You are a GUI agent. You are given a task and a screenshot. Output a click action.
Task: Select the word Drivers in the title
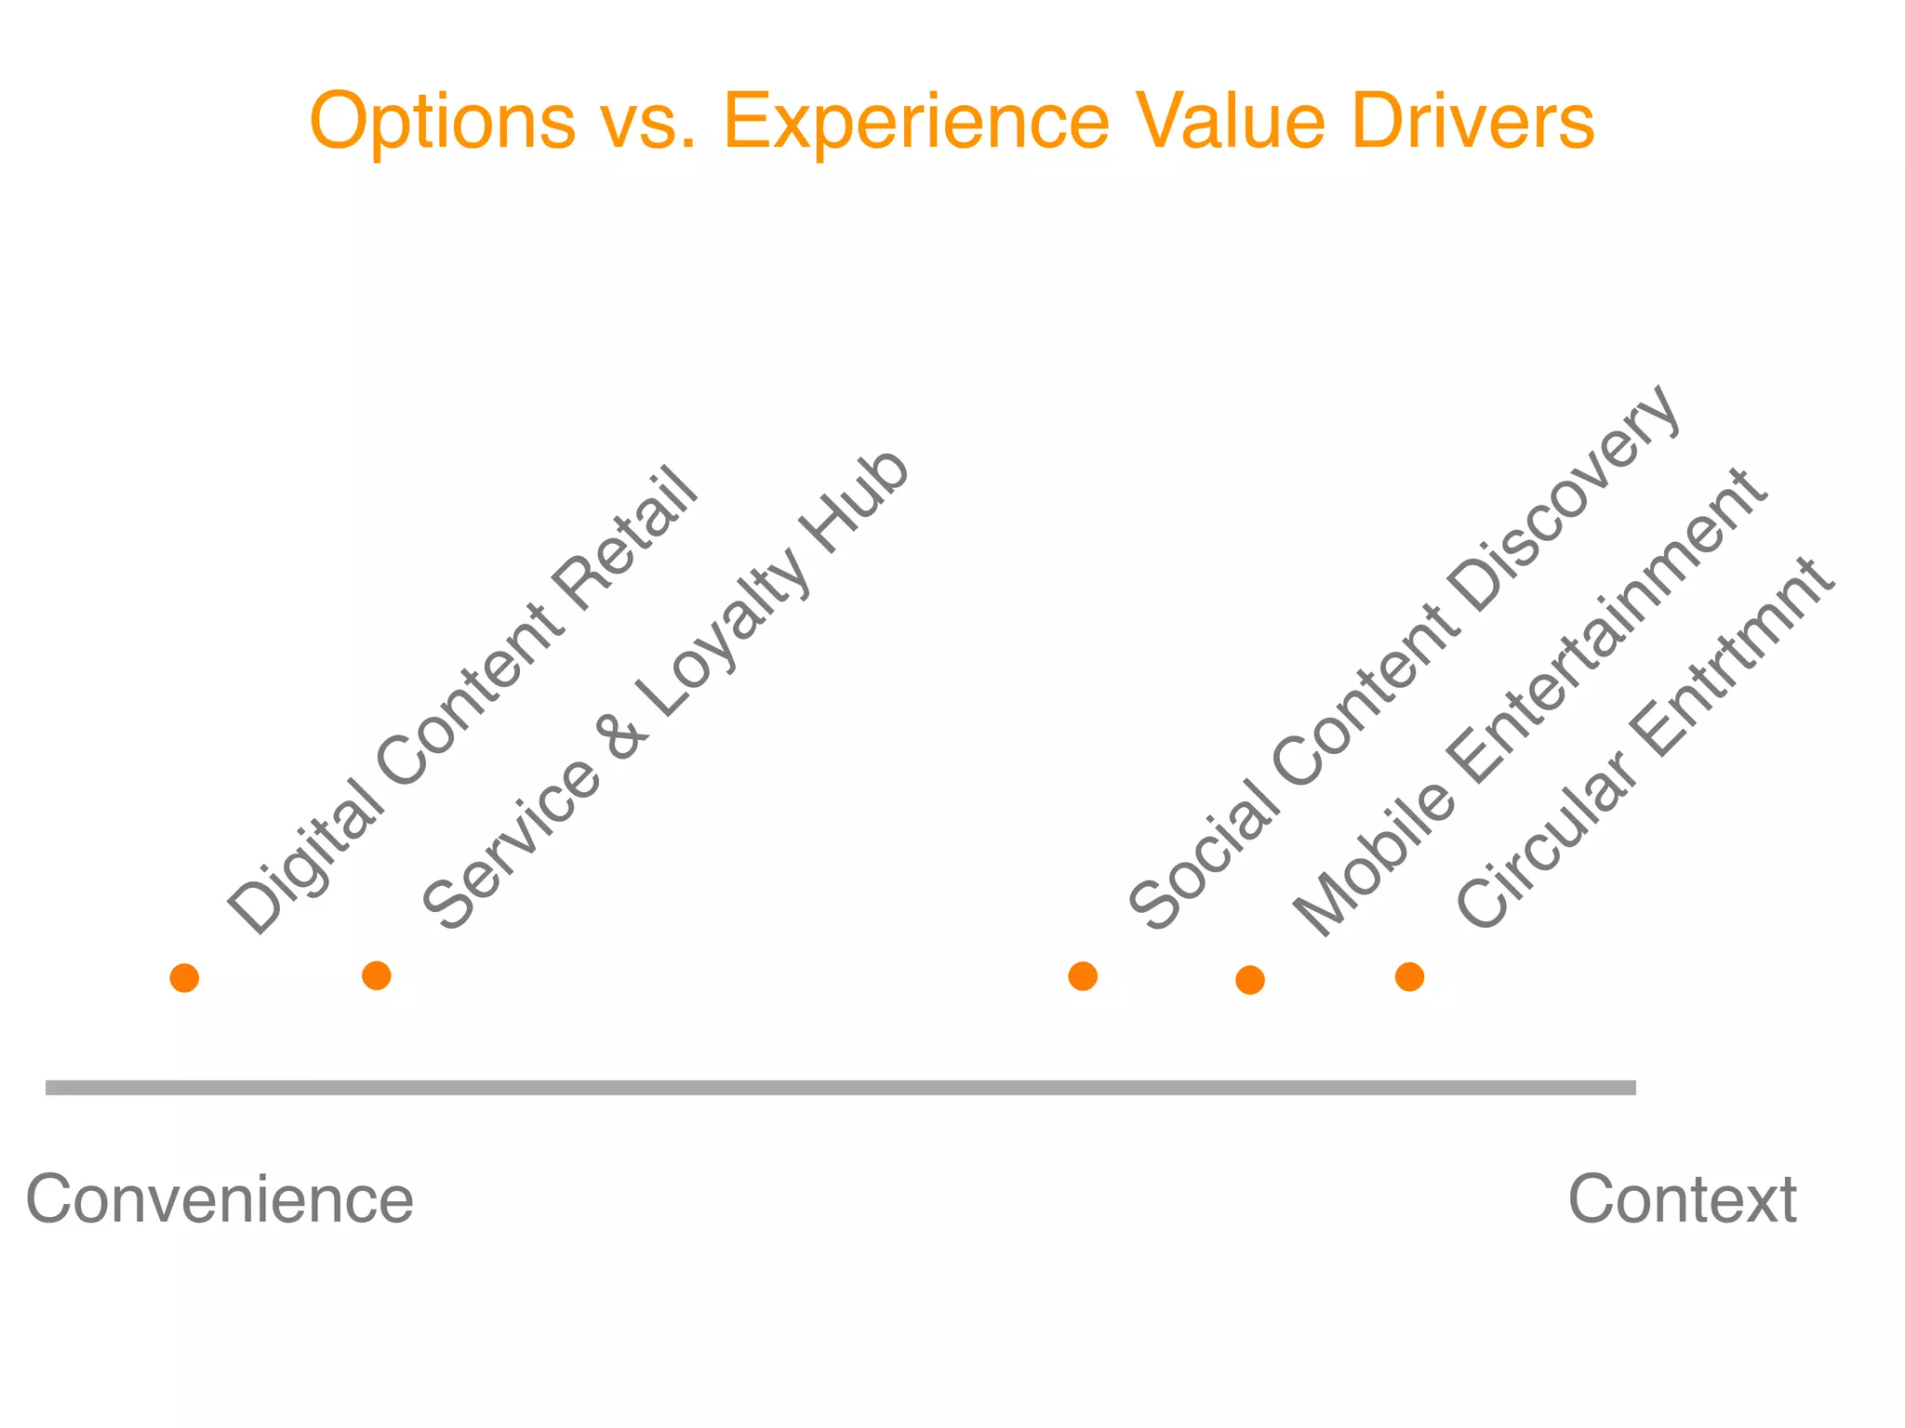point(1472,121)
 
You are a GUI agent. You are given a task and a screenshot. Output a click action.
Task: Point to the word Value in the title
point(1232,121)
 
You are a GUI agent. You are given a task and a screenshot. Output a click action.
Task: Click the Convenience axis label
point(220,1199)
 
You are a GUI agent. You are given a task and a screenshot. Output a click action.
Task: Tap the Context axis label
point(1682,1199)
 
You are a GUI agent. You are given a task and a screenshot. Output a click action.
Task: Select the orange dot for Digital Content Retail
point(184,978)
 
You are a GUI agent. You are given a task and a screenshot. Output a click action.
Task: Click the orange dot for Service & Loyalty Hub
point(376,975)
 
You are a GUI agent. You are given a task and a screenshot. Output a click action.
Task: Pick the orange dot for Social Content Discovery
point(1083,976)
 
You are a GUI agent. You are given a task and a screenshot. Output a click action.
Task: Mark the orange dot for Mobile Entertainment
point(1249,980)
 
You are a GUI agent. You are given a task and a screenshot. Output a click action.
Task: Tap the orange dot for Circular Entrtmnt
point(1409,977)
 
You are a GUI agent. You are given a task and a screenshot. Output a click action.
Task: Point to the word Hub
point(856,502)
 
